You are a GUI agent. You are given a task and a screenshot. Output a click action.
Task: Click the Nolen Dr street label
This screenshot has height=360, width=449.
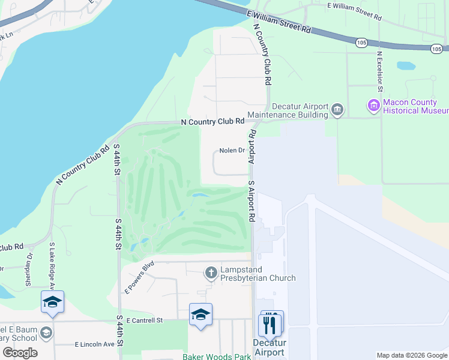pyautogui.click(x=232, y=151)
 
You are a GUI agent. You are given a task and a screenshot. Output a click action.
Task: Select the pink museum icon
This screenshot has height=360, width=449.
pyautogui.click(x=374, y=107)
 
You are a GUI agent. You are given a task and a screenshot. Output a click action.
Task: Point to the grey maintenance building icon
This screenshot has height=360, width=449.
pyautogui.click(x=337, y=110)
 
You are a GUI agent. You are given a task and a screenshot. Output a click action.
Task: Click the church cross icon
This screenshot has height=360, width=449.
pyautogui.click(x=211, y=273)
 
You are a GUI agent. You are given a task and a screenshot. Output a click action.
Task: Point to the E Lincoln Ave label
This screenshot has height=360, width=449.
pyautogui.click(x=94, y=344)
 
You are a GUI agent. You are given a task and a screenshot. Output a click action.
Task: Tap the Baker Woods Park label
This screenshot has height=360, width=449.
pyautogui.click(x=217, y=356)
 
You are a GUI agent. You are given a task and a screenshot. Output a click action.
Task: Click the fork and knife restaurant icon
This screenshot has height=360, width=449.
pyautogui.click(x=271, y=324)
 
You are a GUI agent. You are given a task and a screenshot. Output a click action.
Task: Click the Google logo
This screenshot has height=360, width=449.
pyautogui.click(x=20, y=352)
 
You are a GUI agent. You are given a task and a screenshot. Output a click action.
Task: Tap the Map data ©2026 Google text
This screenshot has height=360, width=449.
pyautogui.click(x=412, y=355)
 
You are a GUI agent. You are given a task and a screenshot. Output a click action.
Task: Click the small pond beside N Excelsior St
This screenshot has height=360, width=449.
pyautogui.click(x=406, y=65)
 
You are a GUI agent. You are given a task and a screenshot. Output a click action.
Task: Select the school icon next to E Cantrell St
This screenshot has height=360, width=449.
pyautogui.click(x=200, y=314)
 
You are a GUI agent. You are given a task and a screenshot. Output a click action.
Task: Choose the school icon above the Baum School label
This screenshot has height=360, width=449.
pyautogui.click(x=52, y=302)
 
